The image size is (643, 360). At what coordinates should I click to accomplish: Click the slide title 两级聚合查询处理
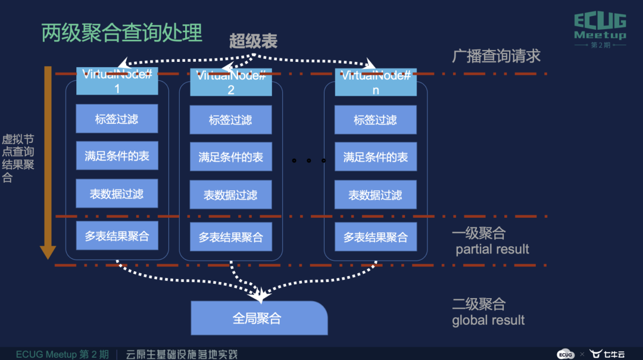pyautogui.click(x=122, y=33)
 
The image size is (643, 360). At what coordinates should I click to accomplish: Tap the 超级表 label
pyautogui.click(x=254, y=41)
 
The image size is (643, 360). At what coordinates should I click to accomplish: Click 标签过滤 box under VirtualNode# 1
pyautogui.click(x=117, y=118)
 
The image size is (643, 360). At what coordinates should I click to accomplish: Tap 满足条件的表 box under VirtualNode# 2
pyautogui.click(x=231, y=157)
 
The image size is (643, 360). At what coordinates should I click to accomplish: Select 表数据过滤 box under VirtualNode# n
pyautogui.click(x=376, y=195)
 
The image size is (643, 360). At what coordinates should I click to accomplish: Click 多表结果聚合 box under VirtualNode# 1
pyautogui.click(x=117, y=236)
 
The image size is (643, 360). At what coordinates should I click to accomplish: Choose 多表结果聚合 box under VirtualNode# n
pyautogui.click(x=376, y=237)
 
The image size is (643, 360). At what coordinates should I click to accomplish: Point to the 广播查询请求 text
pyautogui.click(x=496, y=56)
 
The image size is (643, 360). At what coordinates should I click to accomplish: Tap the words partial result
pyautogui.click(x=492, y=249)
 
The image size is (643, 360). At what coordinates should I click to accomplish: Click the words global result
pyautogui.click(x=488, y=320)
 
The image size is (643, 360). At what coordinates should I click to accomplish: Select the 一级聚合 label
pyautogui.click(x=479, y=233)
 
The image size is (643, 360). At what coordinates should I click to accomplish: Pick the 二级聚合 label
pyautogui.click(x=479, y=304)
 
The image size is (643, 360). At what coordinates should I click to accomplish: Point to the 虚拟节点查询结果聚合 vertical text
pyautogui.click(x=18, y=158)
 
